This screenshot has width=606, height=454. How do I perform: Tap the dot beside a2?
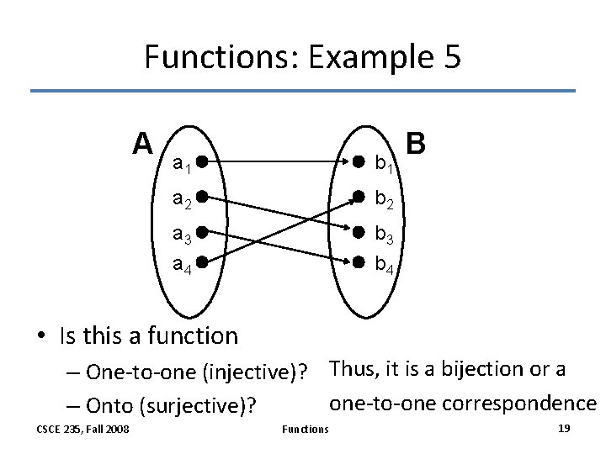(x=203, y=198)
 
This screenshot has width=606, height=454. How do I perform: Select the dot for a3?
(x=203, y=232)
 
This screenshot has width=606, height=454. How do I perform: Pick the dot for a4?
(x=203, y=262)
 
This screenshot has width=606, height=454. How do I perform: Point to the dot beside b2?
(x=358, y=198)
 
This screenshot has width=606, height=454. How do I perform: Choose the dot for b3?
(x=358, y=232)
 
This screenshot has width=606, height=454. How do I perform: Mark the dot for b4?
(x=358, y=262)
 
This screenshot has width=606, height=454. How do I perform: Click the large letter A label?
(x=142, y=144)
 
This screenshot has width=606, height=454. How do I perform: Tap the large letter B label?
(x=416, y=144)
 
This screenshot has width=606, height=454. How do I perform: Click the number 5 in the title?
(x=449, y=57)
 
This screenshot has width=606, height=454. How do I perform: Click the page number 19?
(x=564, y=429)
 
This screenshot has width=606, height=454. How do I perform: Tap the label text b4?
(x=385, y=267)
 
